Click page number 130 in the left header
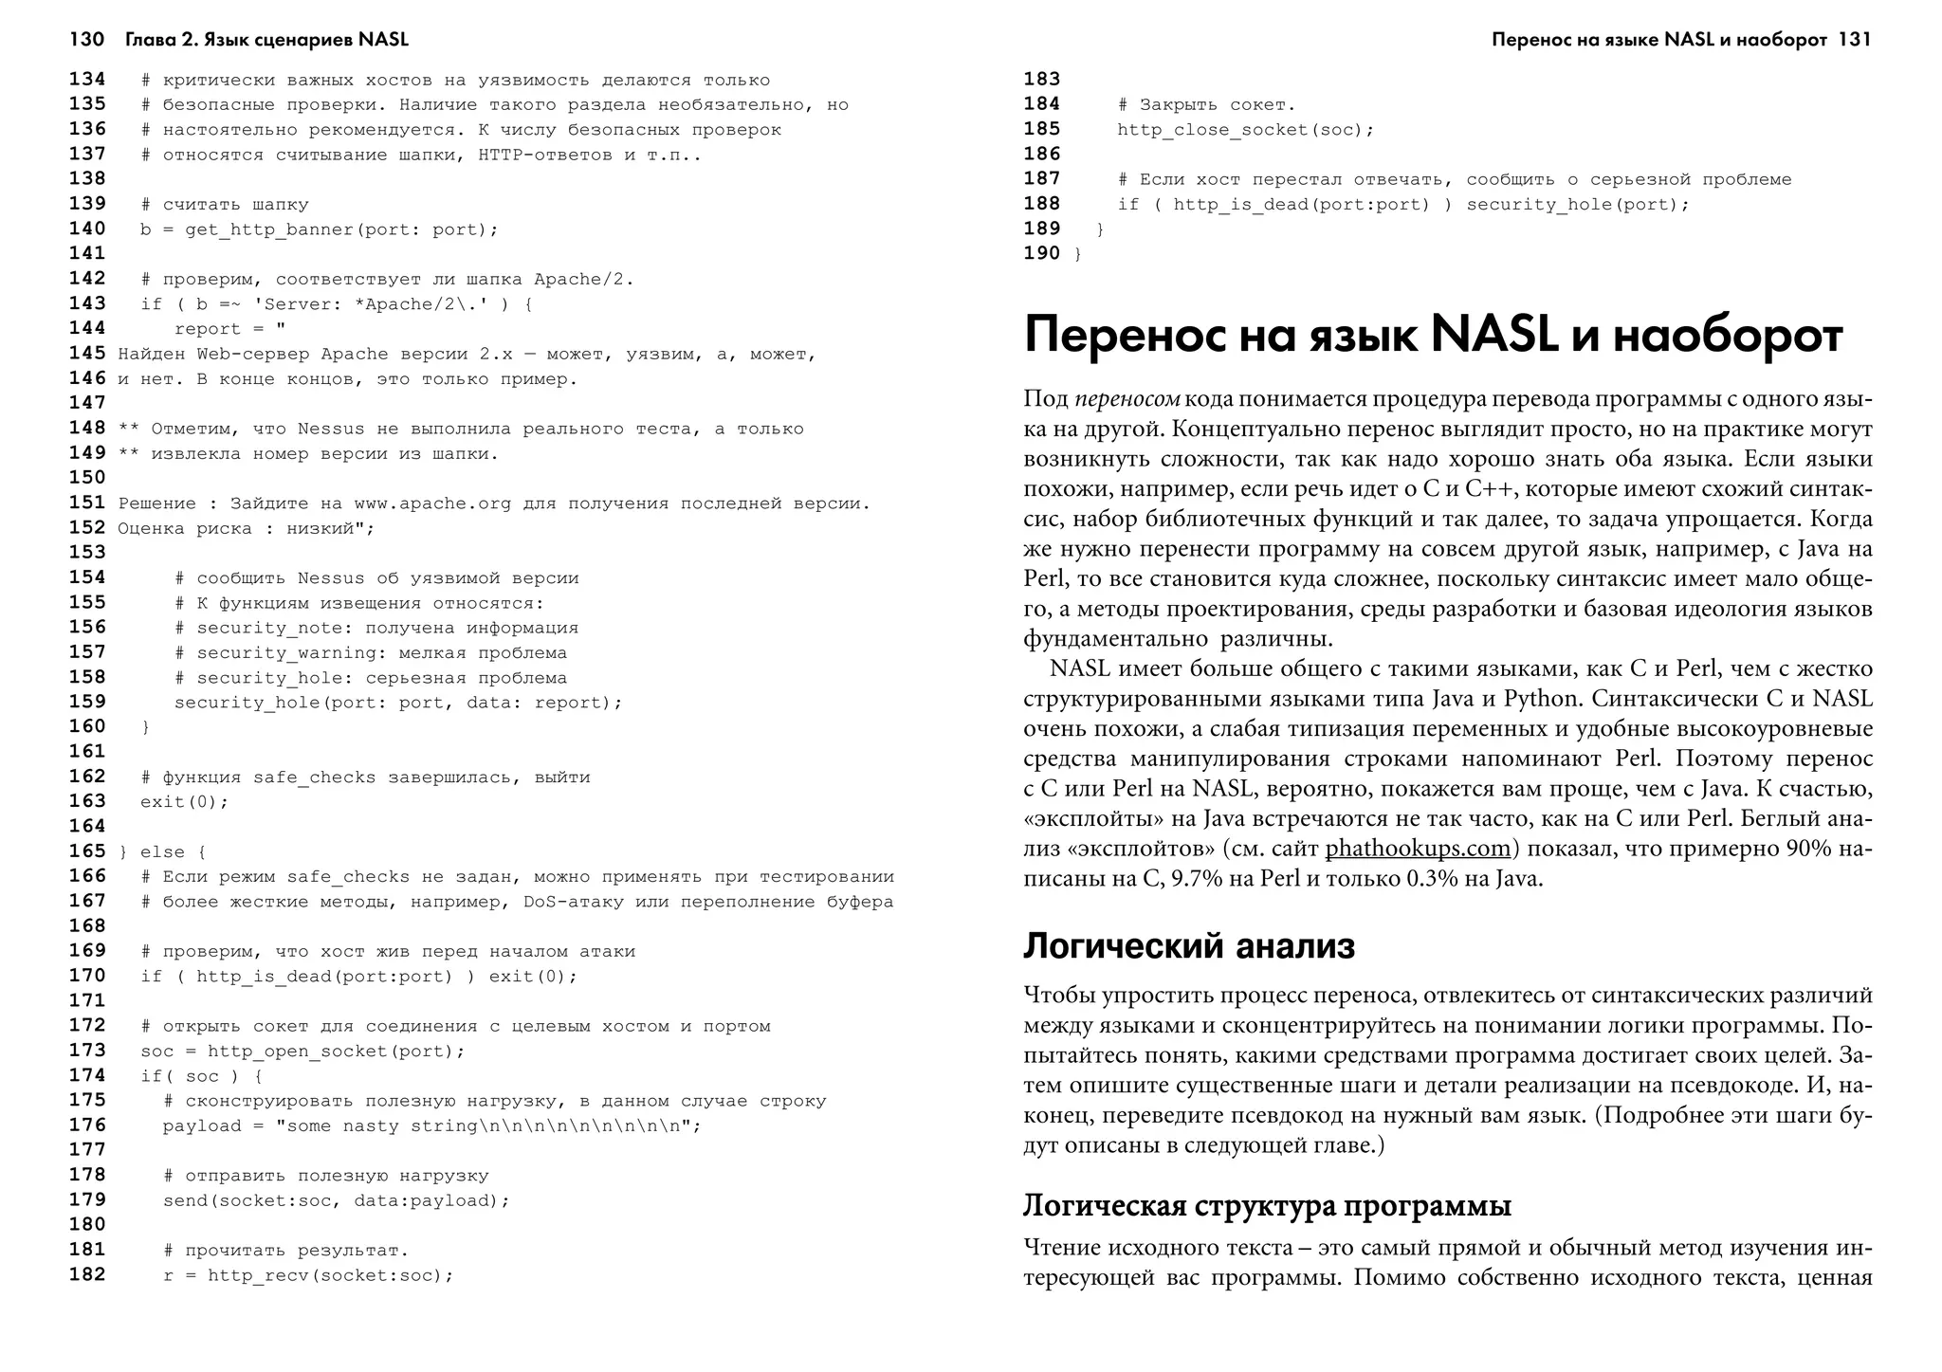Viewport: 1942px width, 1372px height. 86,40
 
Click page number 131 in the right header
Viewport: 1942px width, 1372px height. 1854,40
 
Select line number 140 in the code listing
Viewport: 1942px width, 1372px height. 87,229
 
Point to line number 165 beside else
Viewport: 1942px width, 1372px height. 87,851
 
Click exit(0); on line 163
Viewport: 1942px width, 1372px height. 185,802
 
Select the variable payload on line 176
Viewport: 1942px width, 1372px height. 201,1125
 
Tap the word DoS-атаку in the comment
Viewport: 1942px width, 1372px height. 573,902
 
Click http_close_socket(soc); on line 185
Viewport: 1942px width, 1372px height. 1245,130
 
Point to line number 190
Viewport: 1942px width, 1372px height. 1041,253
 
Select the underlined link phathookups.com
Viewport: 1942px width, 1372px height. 1418,848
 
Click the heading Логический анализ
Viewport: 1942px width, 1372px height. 1189,946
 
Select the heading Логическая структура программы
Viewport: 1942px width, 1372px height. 1267,1206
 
